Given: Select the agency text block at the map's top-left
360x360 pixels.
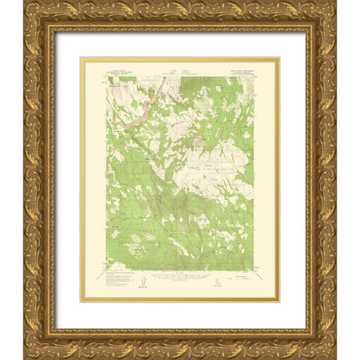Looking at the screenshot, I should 117,66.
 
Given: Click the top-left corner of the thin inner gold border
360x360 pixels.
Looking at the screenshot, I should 81,58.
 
